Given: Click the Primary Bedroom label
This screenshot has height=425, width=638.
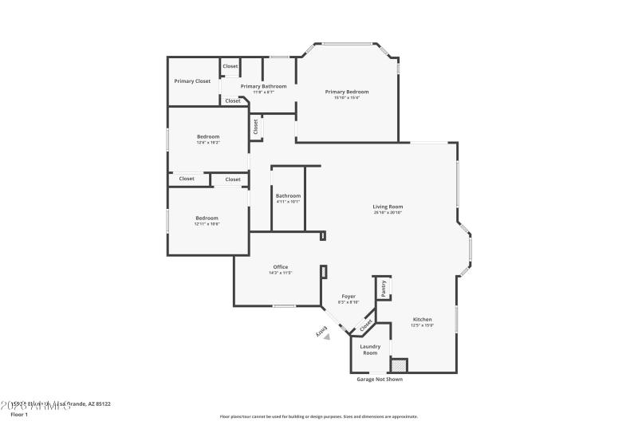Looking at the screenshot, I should tap(347, 92).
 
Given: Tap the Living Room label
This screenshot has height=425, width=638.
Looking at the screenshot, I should tap(388, 207).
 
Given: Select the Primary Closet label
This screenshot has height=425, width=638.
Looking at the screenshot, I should tap(192, 81).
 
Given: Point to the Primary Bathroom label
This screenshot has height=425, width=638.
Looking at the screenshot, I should tap(263, 86).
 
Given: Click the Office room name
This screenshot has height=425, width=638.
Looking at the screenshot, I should tap(281, 267).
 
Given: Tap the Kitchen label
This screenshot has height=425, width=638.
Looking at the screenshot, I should tap(422, 319).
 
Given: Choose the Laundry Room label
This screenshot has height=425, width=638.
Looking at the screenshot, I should tap(370, 349).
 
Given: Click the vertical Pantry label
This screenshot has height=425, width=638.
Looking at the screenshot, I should tap(384, 288).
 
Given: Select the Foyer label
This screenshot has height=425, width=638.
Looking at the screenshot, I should tap(349, 296).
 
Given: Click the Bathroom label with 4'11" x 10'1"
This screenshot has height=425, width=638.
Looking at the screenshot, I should tap(288, 196).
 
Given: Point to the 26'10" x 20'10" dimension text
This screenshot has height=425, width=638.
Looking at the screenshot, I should tap(388, 213).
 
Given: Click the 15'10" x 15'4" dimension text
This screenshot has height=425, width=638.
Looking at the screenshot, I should tap(347, 98).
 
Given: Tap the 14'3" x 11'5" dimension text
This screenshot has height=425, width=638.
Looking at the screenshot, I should tap(281, 273).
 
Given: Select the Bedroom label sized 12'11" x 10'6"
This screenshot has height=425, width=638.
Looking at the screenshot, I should tap(207, 218).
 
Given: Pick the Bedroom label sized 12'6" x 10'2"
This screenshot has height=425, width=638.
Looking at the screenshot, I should tap(208, 136).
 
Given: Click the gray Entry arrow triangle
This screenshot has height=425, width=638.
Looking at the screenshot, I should tap(326, 337).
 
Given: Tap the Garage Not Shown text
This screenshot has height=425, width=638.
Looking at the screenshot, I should tap(379, 380).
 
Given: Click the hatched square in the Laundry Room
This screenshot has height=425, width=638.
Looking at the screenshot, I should tap(398, 365).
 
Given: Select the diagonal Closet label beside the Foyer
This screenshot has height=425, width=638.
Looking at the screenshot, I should tap(366, 325).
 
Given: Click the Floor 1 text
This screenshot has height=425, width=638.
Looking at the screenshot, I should tap(18, 415).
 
